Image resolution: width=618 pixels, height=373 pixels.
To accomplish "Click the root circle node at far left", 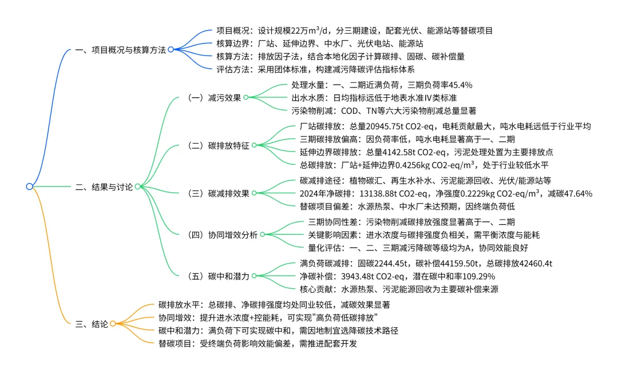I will coord(29,186).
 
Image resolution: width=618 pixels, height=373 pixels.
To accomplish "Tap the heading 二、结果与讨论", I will coord(104,186).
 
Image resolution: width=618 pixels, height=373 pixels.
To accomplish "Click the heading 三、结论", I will coord(92,323).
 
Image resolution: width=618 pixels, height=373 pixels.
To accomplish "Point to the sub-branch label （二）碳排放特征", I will coord(217,145).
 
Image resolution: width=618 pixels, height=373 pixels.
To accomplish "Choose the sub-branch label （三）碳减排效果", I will coord(217,193).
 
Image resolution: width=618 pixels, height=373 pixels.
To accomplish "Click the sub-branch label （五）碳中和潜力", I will coord(217,276).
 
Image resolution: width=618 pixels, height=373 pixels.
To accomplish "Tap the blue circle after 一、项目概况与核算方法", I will coord(171,50).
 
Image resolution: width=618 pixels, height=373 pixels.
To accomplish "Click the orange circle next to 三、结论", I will coord(113,323).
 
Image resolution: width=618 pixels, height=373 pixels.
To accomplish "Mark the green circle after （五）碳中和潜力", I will coord(253,276).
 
